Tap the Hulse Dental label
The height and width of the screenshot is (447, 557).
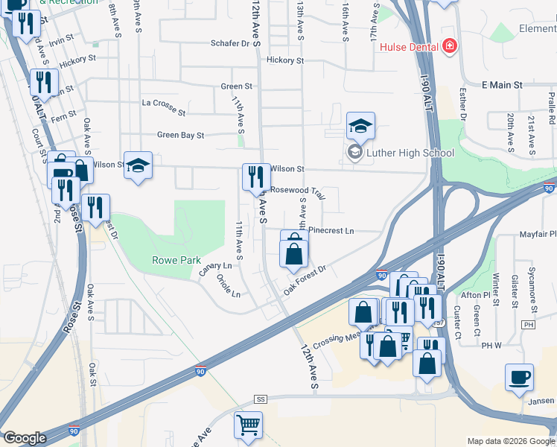(x=409, y=47)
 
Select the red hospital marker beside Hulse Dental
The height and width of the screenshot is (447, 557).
(x=448, y=47)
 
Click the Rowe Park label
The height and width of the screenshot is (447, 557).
(x=176, y=261)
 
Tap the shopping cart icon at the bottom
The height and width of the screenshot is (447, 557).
(x=249, y=425)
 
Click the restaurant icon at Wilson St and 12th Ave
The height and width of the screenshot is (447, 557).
(x=256, y=176)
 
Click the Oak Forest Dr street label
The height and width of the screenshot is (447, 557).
(x=305, y=279)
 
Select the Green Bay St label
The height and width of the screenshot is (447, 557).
(x=180, y=136)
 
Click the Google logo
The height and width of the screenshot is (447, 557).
(x=25, y=438)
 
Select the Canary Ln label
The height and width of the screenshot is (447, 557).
(x=216, y=268)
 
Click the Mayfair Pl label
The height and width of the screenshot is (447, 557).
(x=538, y=235)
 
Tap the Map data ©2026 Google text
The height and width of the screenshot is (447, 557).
(x=510, y=441)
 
